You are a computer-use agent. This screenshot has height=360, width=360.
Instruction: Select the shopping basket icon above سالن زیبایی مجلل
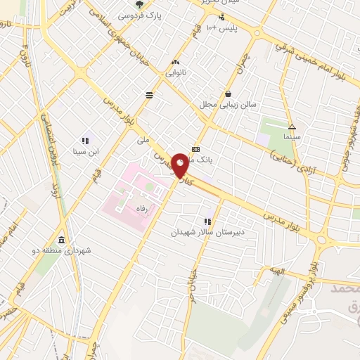(228, 94)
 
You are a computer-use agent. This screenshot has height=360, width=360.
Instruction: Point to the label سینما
(292, 136)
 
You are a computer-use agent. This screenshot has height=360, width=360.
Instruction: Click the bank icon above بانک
(195, 149)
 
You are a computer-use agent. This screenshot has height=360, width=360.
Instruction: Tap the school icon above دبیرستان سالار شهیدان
(207, 221)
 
